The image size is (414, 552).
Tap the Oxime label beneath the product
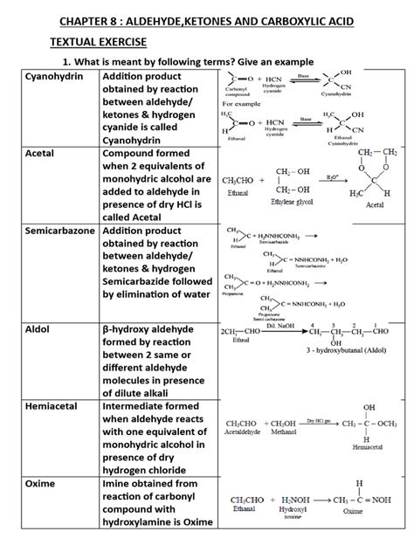pos(352,511)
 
